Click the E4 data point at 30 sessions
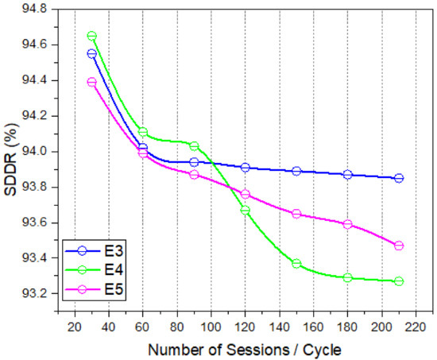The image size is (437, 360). click(91, 36)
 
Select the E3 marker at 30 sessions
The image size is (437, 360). click(91, 53)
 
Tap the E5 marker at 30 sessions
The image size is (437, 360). click(91, 82)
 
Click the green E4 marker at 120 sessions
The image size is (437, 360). click(245, 210)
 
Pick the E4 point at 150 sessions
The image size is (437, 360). click(296, 263)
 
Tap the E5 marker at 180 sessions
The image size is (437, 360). click(347, 224)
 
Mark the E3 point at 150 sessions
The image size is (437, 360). click(296, 171)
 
